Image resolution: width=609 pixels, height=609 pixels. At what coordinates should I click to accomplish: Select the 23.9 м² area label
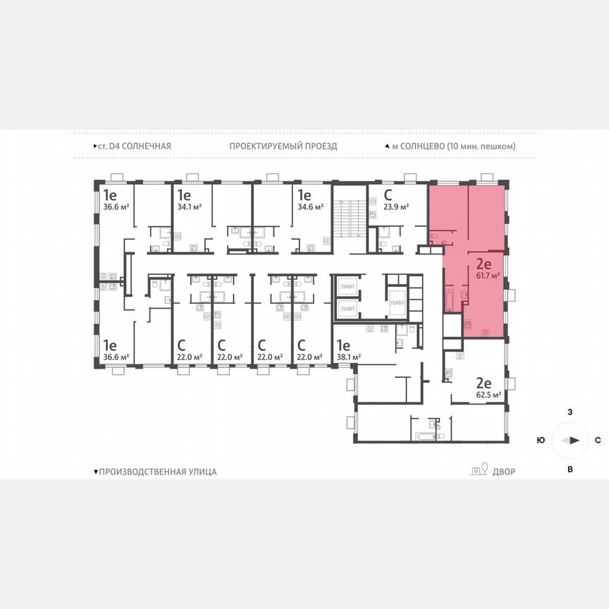point(397,207)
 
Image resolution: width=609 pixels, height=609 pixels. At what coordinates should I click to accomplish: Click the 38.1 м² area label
point(348,357)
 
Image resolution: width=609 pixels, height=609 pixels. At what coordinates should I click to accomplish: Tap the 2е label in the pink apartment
point(484,265)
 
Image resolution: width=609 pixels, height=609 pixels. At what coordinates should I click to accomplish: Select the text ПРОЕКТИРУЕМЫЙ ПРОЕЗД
point(283,146)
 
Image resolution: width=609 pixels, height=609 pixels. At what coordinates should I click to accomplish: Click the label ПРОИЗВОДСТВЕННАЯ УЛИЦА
point(158,472)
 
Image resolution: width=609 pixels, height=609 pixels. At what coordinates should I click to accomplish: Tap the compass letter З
point(570,411)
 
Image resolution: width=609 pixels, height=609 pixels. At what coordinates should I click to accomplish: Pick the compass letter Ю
point(541,440)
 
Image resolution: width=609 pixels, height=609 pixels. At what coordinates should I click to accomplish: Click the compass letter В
point(570,469)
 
